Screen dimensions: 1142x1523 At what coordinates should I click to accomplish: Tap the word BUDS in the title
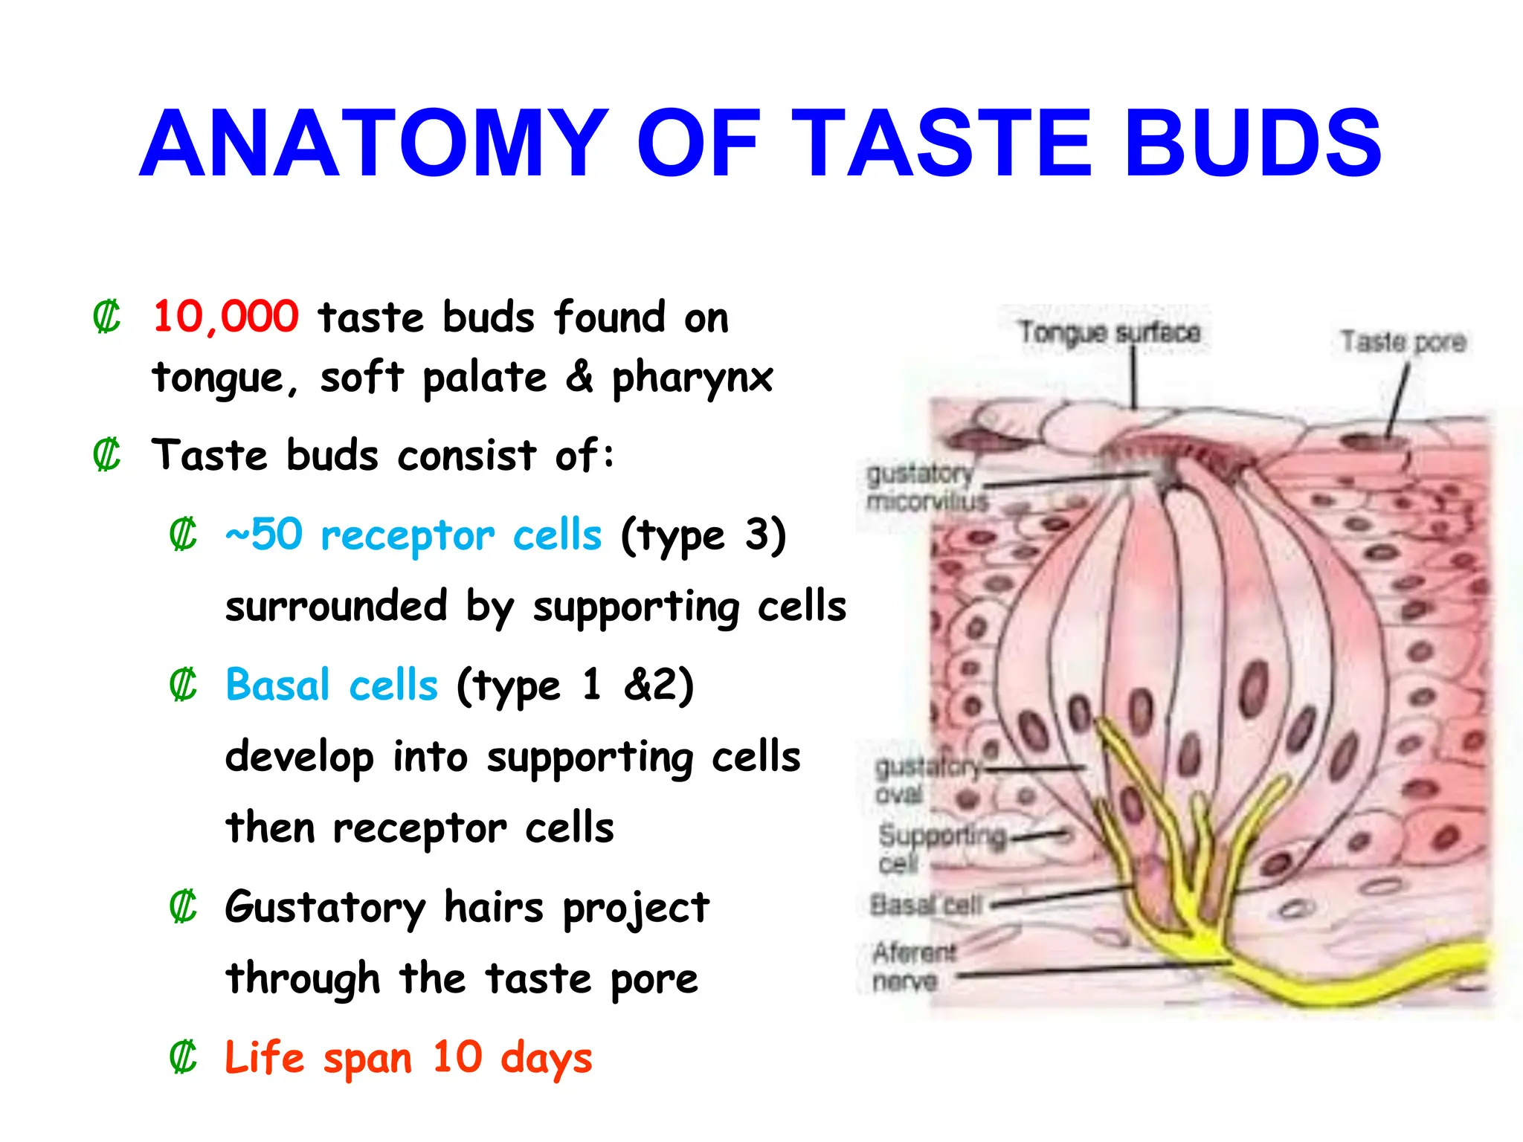(x=1252, y=144)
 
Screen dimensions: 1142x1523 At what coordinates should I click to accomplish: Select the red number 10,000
(x=225, y=317)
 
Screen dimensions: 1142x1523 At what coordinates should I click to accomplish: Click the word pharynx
(x=692, y=378)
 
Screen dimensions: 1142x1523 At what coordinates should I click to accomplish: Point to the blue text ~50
(x=264, y=535)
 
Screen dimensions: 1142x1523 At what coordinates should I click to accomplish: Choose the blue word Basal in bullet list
(x=277, y=685)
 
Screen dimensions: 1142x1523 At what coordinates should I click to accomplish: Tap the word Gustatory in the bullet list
(x=325, y=908)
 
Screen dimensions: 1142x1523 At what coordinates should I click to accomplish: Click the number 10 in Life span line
(x=457, y=1057)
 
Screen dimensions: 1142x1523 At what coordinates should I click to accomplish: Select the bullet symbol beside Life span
(x=183, y=1057)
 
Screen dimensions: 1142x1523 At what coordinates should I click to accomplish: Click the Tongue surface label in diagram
(x=1109, y=332)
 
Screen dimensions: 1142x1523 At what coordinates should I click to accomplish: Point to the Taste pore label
(x=1403, y=342)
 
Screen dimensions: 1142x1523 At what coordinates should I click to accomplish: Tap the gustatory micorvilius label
(x=926, y=488)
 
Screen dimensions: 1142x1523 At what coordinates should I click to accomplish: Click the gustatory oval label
(x=926, y=780)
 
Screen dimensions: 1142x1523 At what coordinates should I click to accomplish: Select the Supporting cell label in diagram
(x=941, y=848)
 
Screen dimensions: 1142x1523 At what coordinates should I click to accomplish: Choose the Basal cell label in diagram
(x=926, y=905)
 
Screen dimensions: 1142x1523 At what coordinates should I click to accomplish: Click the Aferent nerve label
(x=913, y=967)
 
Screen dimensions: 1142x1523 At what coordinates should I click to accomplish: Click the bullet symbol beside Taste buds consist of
(x=106, y=455)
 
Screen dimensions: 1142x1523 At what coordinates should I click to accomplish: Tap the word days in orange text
(x=547, y=1059)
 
